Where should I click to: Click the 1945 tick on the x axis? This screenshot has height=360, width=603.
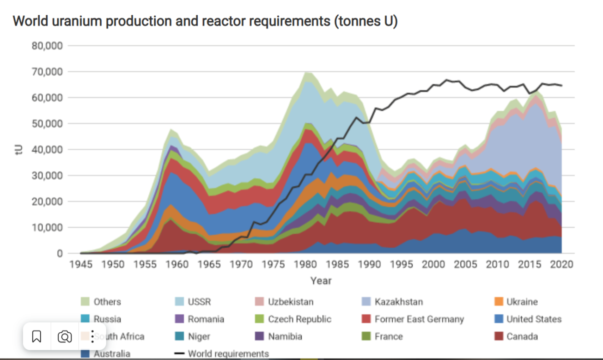[x=81, y=264]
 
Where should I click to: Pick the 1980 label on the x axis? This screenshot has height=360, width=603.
[x=305, y=264]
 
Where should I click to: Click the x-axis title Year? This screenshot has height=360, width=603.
[x=321, y=281]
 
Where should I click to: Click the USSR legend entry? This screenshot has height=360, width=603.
[x=199, y=302]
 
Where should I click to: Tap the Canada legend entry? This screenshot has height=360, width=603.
[x=522, y=336]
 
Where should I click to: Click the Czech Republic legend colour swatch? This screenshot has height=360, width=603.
[x=259, y=319]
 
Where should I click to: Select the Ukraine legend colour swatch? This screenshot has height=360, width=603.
[x=498, y=302]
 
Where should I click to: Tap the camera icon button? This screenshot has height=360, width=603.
[x=65, y=337]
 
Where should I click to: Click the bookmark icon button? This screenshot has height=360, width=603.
[x=37, y=337]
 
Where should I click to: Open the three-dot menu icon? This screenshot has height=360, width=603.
[x=92, y=337]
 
